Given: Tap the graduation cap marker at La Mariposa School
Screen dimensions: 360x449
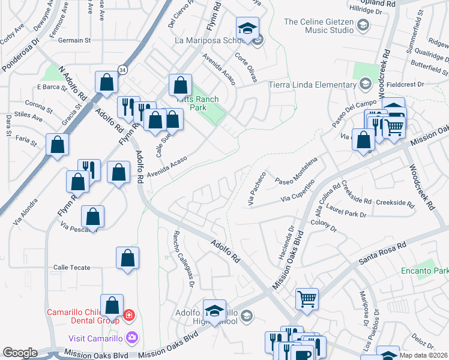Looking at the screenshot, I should [x=246, y=28].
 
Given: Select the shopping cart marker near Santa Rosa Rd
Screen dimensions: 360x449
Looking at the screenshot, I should [x=307, y=298].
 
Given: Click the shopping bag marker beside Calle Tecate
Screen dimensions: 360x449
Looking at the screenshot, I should [x=127, y=258].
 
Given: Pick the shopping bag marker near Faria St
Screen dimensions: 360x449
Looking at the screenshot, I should [x=57, y=144].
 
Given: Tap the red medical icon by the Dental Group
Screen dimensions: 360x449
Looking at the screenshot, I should [x=128, y=315].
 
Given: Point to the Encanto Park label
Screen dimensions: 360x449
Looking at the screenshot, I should [x=424, y=271].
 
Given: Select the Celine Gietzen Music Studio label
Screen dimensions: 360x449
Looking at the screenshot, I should [x=318, y=25].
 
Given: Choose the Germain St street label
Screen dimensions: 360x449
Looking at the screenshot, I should [x=74, y=40].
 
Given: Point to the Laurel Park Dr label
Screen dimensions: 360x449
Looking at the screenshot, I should [x=346, y=211].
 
